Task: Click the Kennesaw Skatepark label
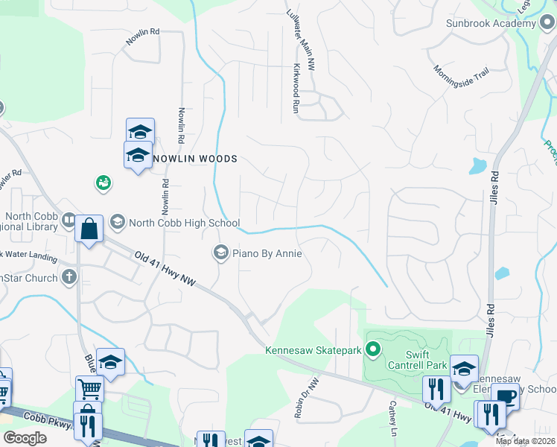[x=313, y=349]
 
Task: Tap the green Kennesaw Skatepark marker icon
[x=375, y=349]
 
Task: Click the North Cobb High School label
[x=184, y=222]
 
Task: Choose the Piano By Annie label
[x=267, y=253]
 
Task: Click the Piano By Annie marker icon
[x=220, y=253]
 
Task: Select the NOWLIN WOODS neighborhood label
[x=195, y=159]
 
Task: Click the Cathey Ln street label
[x=392, y=417]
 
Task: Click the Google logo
[x=25, y=438]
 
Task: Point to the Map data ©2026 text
[x=525, y=441]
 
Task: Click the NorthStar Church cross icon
[x=69, y=278]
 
